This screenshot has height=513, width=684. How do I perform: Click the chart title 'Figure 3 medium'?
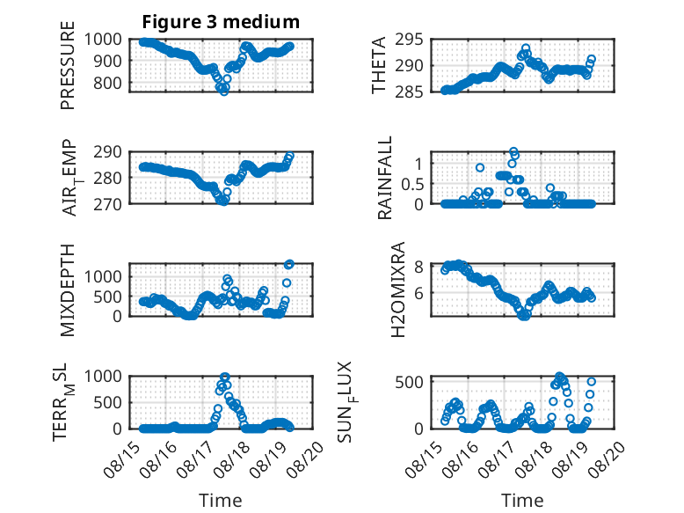[x=221, y=22]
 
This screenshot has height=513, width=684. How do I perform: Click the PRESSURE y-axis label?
[x=68, y=65]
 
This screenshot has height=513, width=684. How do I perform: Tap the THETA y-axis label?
[x=379, y=65]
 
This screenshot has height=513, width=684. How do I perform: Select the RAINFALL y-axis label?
[x=385, y=178]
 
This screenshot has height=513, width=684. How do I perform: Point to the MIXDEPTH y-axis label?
[x=68, y=290]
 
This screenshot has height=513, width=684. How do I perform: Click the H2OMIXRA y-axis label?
[x=398, y=289]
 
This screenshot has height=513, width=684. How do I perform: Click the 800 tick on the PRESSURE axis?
[x=107, y=83]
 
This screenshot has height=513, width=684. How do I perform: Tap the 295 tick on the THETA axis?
[x=409, y=40]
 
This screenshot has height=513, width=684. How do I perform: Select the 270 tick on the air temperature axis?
[x=107, y=204]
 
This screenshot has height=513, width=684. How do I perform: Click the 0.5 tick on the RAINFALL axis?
[x=412, y=184]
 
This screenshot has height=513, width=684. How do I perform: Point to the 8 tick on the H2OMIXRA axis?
[x=418, y=267]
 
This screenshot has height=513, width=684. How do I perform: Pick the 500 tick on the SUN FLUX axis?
[x=409, y=382]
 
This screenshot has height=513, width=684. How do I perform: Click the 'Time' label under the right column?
[x=522, y=500]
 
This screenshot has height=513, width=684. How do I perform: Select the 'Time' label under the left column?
[x=221, y=500]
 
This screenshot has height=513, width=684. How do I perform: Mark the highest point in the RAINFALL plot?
[x=513, y=151]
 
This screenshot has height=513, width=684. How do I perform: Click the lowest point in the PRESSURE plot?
[x=224, y=92]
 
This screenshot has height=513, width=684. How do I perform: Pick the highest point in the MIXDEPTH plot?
[x=289, y=264]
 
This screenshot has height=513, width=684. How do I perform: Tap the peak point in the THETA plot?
[x=526, y=48]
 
